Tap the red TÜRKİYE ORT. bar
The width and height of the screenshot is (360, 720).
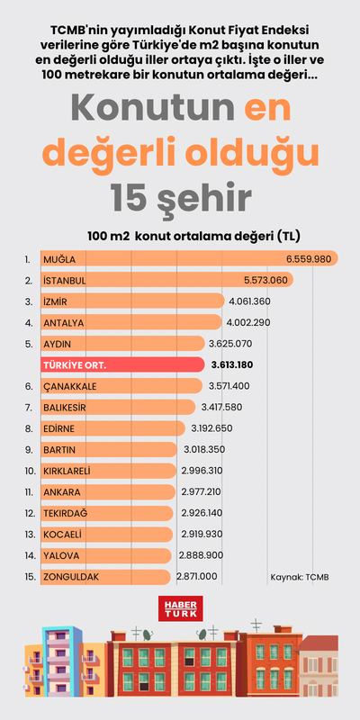121,364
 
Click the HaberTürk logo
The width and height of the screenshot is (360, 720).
180,608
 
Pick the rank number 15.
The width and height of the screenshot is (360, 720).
31,576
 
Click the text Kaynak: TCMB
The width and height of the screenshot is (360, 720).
300,576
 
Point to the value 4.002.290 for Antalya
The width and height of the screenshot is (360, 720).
247,322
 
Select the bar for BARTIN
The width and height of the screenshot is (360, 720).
109,449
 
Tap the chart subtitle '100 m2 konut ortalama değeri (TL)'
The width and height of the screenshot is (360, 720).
193,236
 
